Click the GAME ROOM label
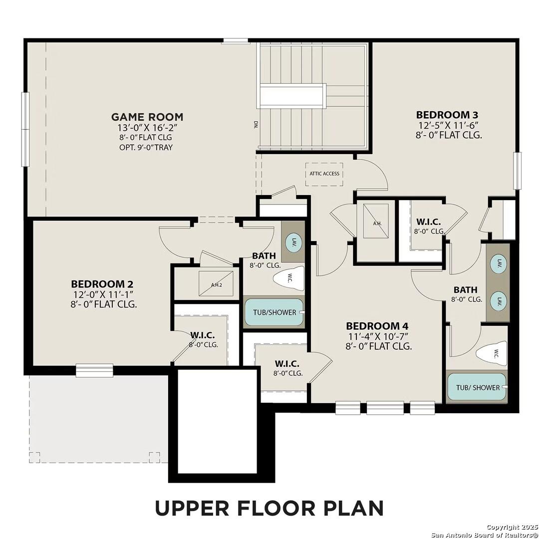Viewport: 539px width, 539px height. point(147,117)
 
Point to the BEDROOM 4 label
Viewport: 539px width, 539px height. point(378,326)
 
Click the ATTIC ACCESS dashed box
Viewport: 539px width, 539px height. point(324,174)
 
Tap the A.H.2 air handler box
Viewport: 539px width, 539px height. point(216,284)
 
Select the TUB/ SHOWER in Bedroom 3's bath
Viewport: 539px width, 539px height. point(477,387)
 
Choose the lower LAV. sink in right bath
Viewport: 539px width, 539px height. point(499,301)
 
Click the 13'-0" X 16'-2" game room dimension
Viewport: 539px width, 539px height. point(147,128)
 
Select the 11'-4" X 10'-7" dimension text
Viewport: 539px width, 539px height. point(378,336)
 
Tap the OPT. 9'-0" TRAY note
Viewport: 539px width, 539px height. point(147,147)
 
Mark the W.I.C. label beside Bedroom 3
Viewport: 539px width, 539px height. point(428,222)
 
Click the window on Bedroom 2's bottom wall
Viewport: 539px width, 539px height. point(94,370)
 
